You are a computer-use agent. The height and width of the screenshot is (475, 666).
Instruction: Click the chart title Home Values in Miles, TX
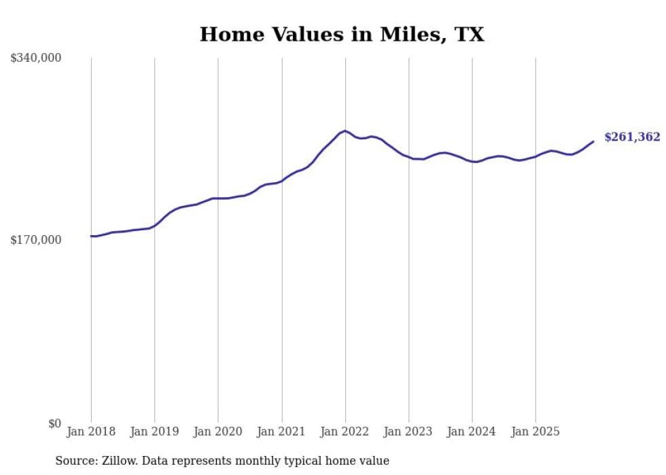click(342, 35)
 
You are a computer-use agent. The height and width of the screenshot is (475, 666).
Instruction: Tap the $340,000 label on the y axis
click(36, 58)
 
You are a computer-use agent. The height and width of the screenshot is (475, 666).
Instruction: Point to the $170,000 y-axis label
click(36, 240)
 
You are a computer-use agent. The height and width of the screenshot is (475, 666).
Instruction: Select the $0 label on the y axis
click(54, 424)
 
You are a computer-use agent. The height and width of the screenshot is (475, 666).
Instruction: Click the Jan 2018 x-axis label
click(91, 432)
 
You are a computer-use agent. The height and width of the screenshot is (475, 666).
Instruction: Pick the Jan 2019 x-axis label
click(154, 432)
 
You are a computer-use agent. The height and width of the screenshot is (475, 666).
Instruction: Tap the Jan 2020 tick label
click(218, 432)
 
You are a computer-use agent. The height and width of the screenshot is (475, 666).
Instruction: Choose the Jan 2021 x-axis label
click(281, 432)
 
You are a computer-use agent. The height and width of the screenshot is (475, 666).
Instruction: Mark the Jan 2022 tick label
click(345, 432)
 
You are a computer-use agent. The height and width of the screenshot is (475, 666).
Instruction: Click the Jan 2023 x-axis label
click(408, 432)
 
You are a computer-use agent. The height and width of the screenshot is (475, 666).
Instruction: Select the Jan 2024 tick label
click(472, 432)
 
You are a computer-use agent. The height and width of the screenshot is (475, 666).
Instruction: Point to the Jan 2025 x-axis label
click(536, 432)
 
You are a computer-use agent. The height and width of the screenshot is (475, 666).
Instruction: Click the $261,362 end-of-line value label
click(632, 137)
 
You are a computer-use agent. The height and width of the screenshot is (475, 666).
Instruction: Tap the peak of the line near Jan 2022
click(345, 130)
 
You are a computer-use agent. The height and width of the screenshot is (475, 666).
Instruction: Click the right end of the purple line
click(593, 141)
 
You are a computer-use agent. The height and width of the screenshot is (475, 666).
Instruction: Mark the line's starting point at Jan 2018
click(91, 236)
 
